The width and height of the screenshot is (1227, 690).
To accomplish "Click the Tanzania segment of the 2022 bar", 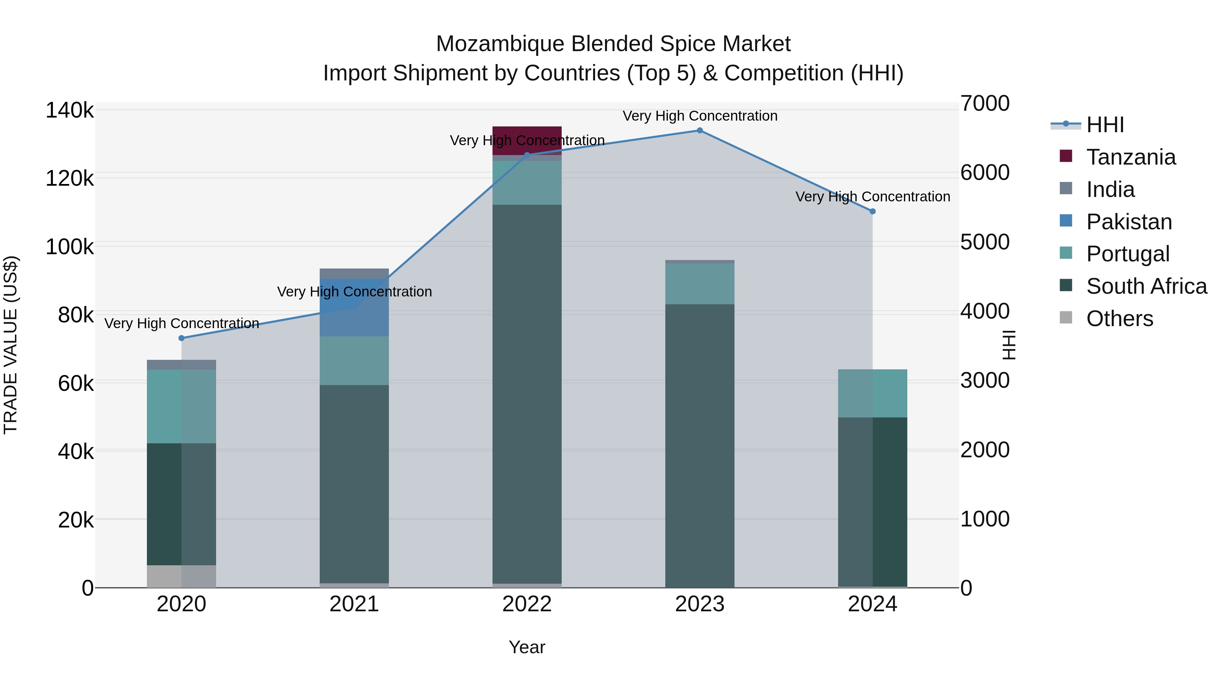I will click(x=527, y=140).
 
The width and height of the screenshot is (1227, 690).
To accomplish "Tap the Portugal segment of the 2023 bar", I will click(x=699, y=284).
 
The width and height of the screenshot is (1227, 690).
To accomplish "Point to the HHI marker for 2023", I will click(x=699, y=131).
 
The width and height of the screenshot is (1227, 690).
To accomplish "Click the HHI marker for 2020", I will click(x=181, y=338).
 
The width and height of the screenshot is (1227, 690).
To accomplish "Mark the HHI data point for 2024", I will click(x=872, y=211).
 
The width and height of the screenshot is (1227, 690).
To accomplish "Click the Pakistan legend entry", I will click(x=1128, y=222).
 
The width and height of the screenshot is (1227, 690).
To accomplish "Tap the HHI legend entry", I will click(x=1105, y=125).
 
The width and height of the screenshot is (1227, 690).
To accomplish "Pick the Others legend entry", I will click(x=1119, y=319).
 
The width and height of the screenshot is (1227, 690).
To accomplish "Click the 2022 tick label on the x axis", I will click(x=527, y=604).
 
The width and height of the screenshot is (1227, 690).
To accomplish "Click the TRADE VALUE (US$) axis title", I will click(x=11, y=345).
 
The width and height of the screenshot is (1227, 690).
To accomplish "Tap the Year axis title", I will click(x=527, y=647).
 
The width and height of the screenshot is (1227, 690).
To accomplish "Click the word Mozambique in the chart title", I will click(x=500, y=44).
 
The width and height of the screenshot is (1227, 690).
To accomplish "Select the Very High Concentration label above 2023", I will click(x=699, y=116).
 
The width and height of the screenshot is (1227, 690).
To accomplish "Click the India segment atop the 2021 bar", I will click(x=354, y=273).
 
